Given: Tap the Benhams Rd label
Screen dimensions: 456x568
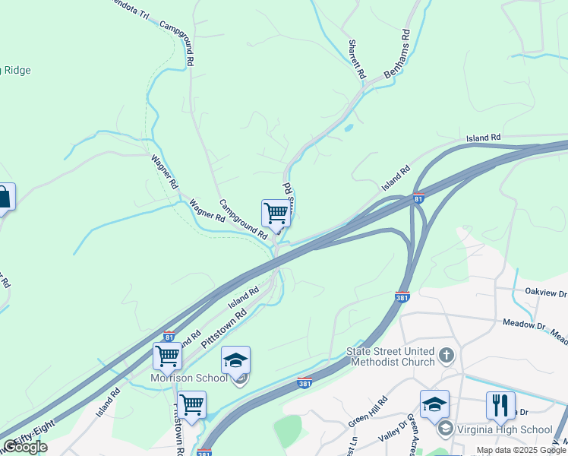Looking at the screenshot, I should coord(397,54).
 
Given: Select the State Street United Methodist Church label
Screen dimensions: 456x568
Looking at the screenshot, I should coord(390,356).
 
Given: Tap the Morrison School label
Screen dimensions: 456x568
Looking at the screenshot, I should coord(188,378).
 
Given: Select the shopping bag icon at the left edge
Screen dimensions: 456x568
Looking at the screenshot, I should coord(4,198).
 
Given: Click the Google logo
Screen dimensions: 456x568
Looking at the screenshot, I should coord(25,447).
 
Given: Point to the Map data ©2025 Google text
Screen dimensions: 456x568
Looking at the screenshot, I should coord(521,450).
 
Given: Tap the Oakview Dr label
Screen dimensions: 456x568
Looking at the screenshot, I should coord(546,293).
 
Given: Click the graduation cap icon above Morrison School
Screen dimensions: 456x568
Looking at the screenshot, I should coord(236,359).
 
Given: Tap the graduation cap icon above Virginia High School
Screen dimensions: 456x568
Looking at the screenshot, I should coord(434,404).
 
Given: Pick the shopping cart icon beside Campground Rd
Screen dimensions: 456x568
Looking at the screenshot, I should coord(275,213).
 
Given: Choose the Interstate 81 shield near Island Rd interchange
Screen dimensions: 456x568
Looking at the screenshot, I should coord(418,199).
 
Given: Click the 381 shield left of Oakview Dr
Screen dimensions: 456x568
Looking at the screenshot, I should coord(402,296).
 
